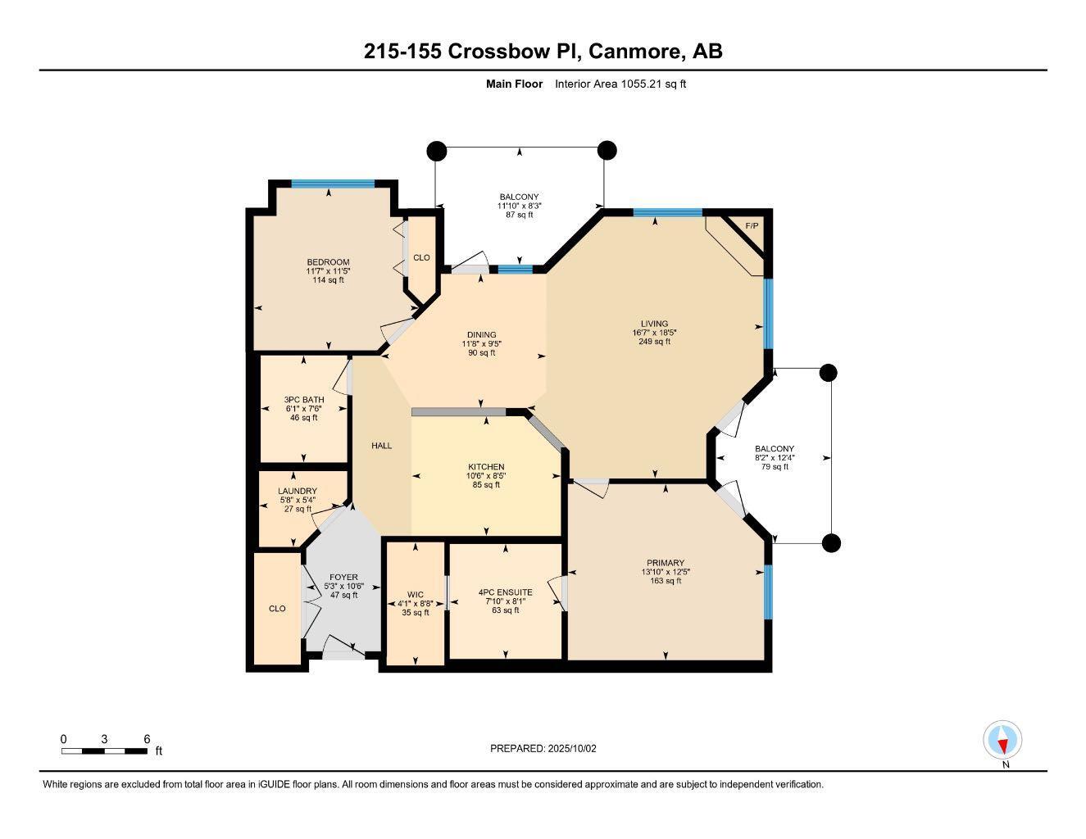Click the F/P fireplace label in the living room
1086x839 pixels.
(x=751, y=226)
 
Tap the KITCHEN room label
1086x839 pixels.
(x=487, y=467)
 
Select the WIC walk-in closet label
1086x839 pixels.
(x=416, y=595)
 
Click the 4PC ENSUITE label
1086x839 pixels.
(x=505, y=592)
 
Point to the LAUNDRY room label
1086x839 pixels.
(x=297, y=492)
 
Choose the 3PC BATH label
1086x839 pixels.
(x=303, y=400)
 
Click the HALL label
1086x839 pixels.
(x=381, y=446)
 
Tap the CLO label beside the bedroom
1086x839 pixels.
(x=421, y=257)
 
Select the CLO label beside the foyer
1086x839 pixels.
(x=277, y=609)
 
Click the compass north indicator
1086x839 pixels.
(x=1002, y=741)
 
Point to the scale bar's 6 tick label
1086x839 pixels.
(x=147, y=739)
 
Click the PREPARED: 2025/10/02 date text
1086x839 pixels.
(x=543, y=748)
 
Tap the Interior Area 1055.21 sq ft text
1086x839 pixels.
(x=620, y=84)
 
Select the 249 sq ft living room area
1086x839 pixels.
(x=654, y=342)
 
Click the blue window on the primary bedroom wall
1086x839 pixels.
(x=768, y=592)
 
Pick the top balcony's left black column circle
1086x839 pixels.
(x=437, y=151)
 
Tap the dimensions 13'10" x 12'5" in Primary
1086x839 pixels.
(x=665, y=572)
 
